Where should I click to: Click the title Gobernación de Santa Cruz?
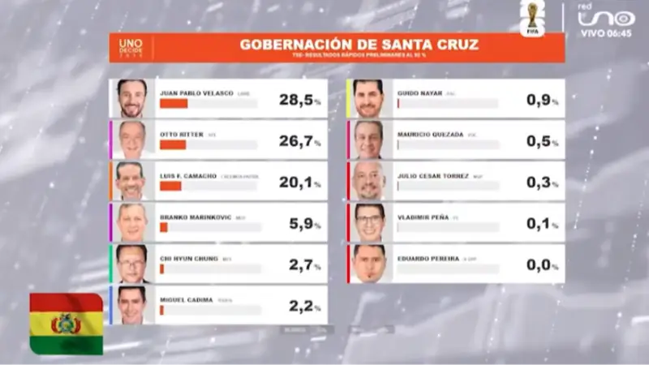tap(359, 44)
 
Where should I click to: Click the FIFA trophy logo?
tap(532, 18)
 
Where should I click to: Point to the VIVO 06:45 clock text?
tap(607, 33)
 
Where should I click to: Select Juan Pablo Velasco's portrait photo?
tap(131, 98)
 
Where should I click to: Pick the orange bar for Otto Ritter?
tap(173, 145)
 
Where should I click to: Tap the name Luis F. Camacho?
tap(189, 176)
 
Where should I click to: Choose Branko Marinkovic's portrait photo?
tap(131, 223)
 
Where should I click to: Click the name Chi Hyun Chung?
tap(189, 259)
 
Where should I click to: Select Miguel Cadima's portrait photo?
tap(131, 305)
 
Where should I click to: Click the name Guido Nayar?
tap(419, 93)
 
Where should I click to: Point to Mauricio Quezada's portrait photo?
tap(368, 140)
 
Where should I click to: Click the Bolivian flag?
tap(67, 324)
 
